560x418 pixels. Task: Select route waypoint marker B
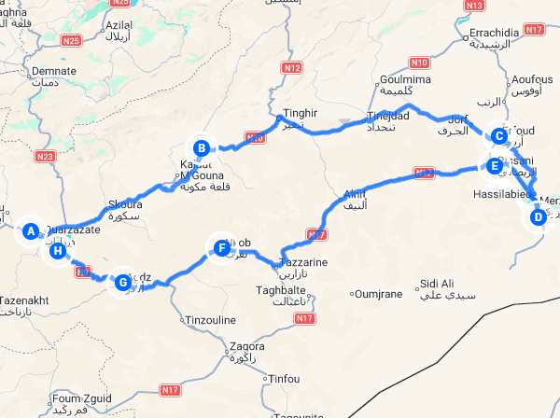(200, 146)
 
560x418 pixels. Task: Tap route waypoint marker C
(499, 136)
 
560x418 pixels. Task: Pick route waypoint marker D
(537, 217)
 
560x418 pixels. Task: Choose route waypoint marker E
(492, 166)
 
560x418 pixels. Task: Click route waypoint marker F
(221, 248)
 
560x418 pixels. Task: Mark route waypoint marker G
(122, 280)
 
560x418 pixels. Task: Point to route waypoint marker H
(58, 250)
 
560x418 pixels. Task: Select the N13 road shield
(474, 6)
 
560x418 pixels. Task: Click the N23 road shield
(47, 157)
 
